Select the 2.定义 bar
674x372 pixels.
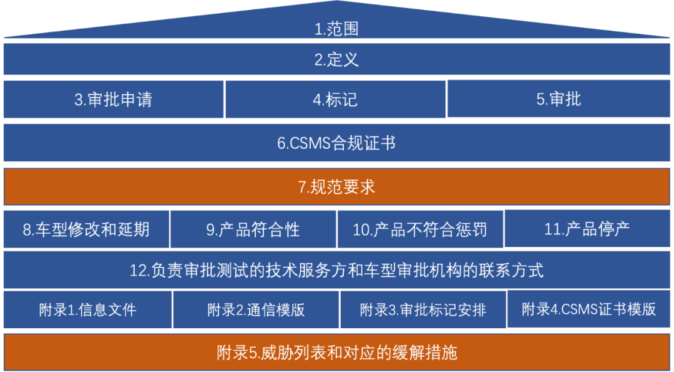[336, 59]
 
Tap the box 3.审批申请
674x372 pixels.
[114, 99]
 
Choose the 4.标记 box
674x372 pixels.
[335, 99]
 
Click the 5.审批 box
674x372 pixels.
[559, 99]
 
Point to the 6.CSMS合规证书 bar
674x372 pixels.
[336, 143]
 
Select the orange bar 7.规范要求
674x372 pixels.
[336, 186]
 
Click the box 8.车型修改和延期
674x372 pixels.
[86, 229]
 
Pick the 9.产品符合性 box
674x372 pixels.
[253, 229]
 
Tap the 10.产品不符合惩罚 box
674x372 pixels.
[420, 229]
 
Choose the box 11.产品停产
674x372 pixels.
[587, 229]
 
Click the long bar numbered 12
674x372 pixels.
[336, 270]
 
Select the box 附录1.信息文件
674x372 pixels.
[88, 309]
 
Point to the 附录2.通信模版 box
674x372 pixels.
[256, 309]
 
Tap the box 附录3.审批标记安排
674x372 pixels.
[423, 309]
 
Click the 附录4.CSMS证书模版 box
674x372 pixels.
[589, 309]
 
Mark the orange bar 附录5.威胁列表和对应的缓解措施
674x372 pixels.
[336, 352]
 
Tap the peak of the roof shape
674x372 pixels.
[337, 1]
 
